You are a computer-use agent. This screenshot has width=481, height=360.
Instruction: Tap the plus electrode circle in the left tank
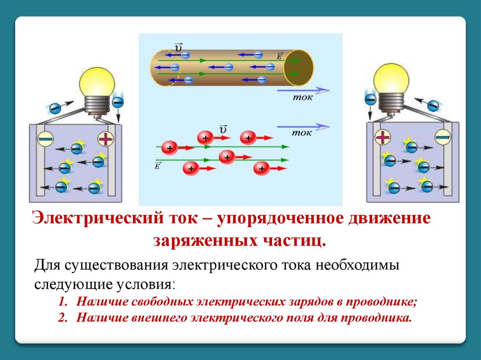click(106, 139)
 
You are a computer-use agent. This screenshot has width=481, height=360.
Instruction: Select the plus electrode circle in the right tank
click(383, 137)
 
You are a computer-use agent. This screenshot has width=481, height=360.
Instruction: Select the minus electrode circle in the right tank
click(442, 137)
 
